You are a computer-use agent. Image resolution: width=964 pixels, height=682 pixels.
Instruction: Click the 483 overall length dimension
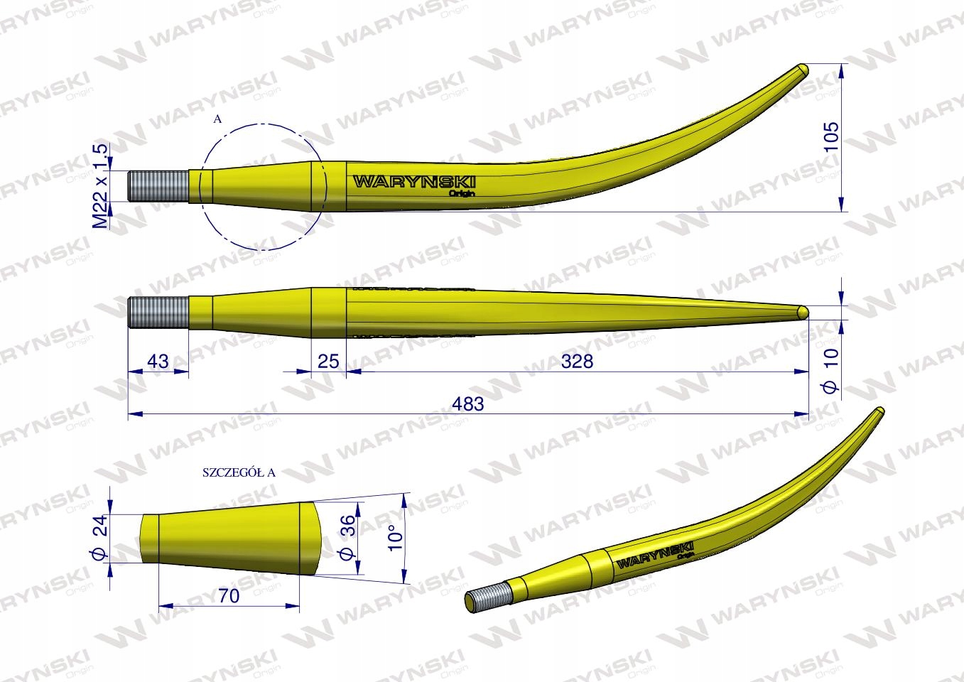click(467, 404)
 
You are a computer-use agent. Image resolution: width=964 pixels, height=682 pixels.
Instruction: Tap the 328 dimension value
click(577, 362)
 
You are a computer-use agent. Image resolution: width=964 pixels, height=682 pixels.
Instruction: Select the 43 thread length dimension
click(157, 362)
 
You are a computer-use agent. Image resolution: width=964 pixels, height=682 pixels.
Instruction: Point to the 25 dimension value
click(328, 362)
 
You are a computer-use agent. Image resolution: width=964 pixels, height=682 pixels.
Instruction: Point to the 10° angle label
click(395, 532)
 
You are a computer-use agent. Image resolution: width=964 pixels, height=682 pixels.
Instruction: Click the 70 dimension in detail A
click(229, 596)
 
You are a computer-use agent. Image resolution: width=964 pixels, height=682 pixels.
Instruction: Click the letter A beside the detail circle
click(217, 120)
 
